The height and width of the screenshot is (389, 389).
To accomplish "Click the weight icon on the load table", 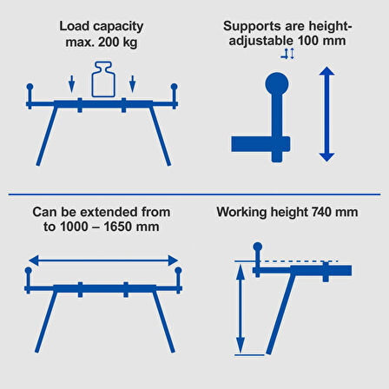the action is [103, 79].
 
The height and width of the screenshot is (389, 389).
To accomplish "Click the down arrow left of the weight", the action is [71, 84].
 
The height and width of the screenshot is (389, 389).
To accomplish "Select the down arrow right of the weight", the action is [132, 84].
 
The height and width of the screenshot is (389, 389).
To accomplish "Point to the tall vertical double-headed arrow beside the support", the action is [326, 114].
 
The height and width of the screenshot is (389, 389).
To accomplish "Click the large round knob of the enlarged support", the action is [277, 84].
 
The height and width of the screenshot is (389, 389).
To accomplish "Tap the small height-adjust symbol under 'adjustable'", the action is [288, 54].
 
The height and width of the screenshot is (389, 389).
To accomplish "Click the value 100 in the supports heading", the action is [308, 41].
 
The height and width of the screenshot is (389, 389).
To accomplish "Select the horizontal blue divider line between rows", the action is [194, 194].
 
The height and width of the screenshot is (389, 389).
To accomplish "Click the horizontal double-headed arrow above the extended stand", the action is [103, 260].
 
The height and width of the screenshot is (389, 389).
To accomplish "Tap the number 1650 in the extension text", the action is [117, 227].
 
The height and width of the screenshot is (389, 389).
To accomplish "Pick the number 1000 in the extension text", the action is [73, 227].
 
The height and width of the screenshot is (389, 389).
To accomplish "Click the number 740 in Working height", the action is [321, 212].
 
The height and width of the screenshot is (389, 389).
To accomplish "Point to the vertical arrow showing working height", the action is [241, 308].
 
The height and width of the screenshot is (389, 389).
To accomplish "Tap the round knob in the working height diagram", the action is [258, 247].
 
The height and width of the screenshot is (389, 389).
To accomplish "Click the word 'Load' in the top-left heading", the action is [75, 26].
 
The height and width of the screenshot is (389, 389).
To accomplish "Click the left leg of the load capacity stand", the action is [47, 135].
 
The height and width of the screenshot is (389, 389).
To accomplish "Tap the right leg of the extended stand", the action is [164, 322].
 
